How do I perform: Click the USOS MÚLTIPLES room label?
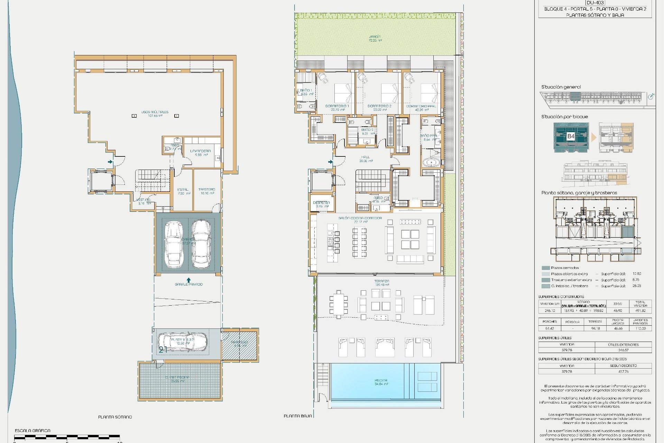pos(155,112)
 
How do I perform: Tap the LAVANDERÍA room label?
pos(200,151)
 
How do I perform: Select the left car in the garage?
pos(174,245)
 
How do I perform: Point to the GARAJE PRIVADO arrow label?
pos(188,284)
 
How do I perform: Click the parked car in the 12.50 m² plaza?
pos(182,342)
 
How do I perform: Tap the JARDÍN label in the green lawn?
pos(375,37)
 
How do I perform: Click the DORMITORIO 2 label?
pos(379,106)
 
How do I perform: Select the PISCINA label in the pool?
pos(381,380)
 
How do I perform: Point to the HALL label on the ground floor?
pos(366,157)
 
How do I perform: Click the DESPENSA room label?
pos(321,203)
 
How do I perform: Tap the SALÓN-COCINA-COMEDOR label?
pos(360,218)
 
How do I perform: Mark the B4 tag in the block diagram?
pos(571,136)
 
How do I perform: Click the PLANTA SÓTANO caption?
pos(115,417)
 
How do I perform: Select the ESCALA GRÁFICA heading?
pos(33,431)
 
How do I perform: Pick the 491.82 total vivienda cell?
pos(640,310)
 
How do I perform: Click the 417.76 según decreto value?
pos(623,371)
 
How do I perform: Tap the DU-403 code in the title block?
pos(595,2)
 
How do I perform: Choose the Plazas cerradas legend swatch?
pos(546,268)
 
